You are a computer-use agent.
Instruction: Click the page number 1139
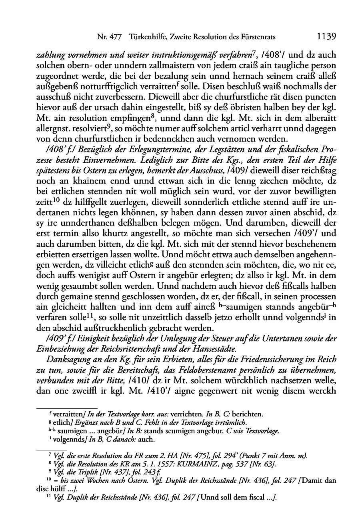click(326, 37)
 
